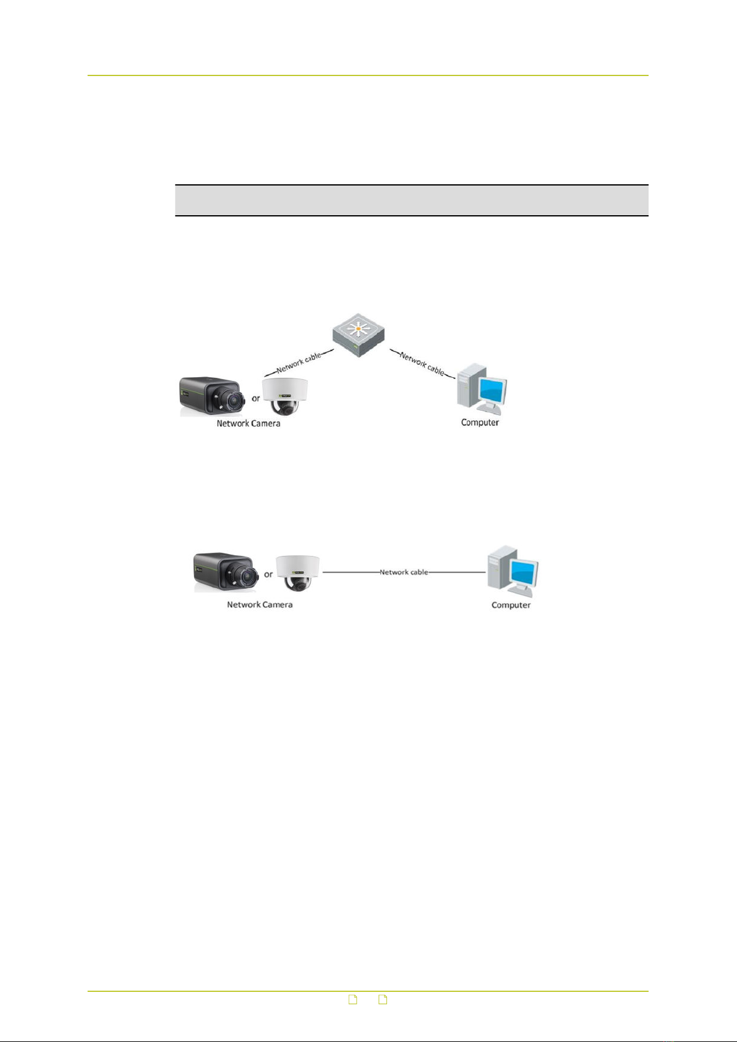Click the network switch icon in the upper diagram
point(358,335)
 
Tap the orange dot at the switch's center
point(358,329)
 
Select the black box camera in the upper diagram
point(213,396)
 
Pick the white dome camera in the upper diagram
point(284,397)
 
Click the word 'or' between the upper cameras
point(256,399)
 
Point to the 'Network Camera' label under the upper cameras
point(249,424)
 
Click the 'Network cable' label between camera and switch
point(299,363)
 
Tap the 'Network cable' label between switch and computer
point(422,364)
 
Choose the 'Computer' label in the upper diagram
point(480,422)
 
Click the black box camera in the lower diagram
point(226,571)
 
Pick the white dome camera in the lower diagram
point(297,573)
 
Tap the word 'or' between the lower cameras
point(268,574)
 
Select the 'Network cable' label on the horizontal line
point(404,572)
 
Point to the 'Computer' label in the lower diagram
point(511,605)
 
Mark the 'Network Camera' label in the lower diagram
point(260,605)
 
